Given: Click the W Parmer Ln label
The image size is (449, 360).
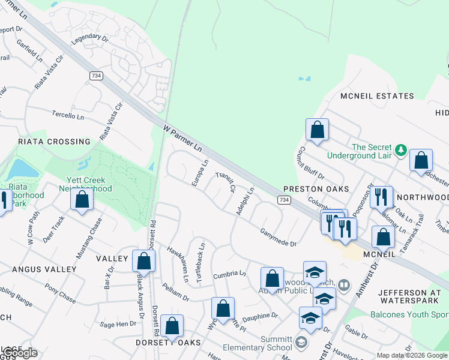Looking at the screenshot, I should coord(182,137).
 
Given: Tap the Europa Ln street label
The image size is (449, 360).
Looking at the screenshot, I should coord(199,172).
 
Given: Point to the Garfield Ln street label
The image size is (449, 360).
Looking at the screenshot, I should coord(29,52).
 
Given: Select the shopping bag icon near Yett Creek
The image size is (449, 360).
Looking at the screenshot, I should coord(82,199).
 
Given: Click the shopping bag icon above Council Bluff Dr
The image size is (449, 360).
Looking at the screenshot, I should coord(317,130).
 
